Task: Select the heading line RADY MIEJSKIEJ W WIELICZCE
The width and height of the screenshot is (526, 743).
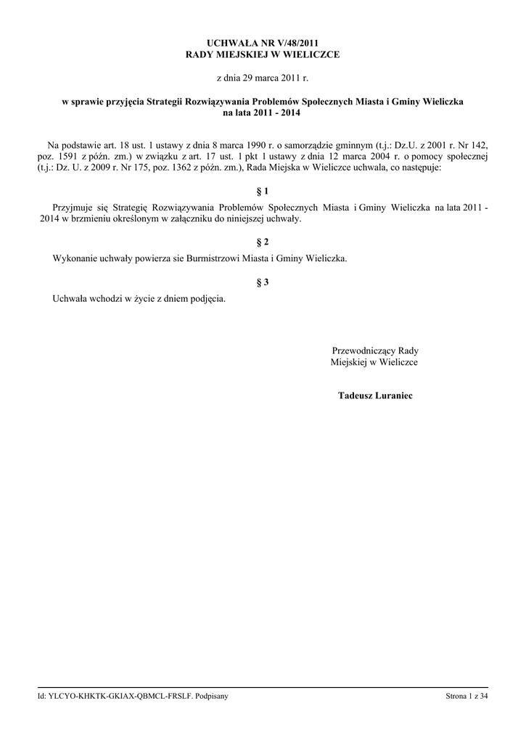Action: (263, 54)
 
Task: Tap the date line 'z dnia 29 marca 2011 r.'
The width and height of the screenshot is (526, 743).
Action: (263, 77)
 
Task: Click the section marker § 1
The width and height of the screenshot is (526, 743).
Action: (263, 192)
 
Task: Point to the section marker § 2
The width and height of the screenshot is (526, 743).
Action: (263, 242)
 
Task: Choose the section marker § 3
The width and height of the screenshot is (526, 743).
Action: (263, 282)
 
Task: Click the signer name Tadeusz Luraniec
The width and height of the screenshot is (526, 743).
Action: (374, 395)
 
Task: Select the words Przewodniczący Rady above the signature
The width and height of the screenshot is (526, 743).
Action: (374, 350)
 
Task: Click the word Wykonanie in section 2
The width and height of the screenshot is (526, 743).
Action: (74, 258)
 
